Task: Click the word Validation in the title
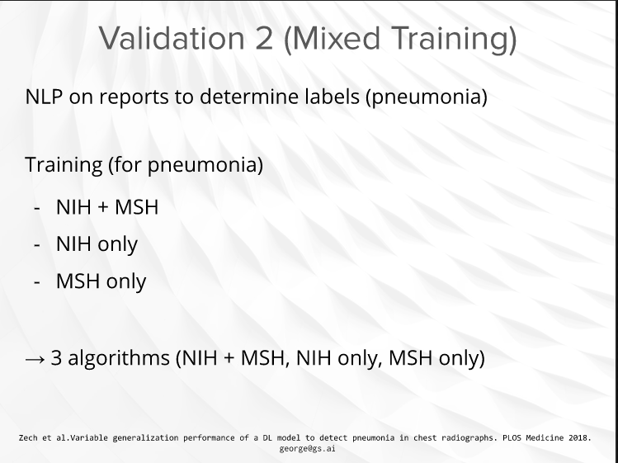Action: click(x=171, y=38)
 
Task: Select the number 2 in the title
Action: click(x=264, y=38)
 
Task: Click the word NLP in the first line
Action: click(x=44, y=97)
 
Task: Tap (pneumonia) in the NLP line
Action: click(x=427, y=97)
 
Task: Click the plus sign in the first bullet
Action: click(x=103, y=207)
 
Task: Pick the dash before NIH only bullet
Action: click(x=37, y=245)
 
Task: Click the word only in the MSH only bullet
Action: click(x=126, y=281)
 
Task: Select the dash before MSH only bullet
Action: click(x=37, y=282)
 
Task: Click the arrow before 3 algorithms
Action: click(x=35, y=359)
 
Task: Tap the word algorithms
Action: click(x=119, y=358)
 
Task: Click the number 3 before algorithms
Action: click(x=56, y=357)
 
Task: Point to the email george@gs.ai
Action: click(x=308, y=448)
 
